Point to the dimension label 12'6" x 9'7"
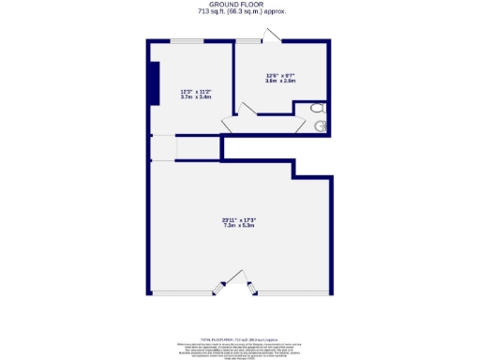[x=281, y=76]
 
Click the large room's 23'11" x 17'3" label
[x=239, y=219]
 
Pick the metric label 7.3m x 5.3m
[x=239, y=226]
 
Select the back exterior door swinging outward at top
[x=270, y=37]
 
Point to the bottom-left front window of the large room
[x=183, y=294]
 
